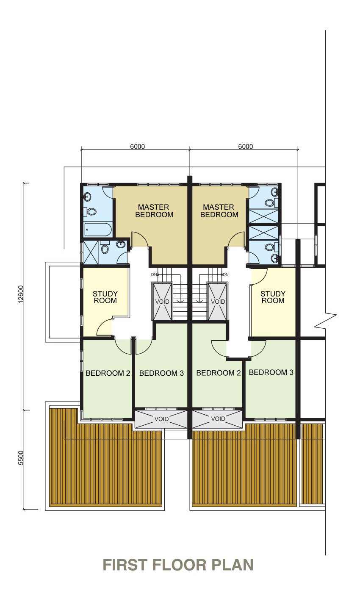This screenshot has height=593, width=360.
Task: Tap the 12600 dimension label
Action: pos(21,294)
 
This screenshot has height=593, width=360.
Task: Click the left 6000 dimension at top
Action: pos(137,147)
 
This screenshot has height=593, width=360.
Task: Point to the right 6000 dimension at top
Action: pos(245,147)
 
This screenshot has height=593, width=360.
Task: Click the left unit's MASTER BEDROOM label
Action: pos(154,211)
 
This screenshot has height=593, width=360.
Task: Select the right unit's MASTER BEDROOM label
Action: pos(219,211)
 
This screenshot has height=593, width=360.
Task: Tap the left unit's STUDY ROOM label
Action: pos(105,297)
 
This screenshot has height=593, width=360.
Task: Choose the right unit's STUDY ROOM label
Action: pos(273,297)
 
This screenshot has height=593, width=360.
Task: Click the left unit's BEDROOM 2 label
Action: pos(108,373)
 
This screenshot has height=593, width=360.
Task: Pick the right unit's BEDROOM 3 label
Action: pos(271,372)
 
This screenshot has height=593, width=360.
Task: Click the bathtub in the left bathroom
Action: pos(98,230)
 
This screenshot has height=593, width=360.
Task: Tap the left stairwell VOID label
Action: pos(162,302)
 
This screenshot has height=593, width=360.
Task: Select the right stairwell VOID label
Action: pos(218,302)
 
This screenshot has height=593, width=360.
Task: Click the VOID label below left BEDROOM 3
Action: pos(161,419)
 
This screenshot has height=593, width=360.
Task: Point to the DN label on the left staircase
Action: pos(154,275)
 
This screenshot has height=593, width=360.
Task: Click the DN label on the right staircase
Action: pos(225,275)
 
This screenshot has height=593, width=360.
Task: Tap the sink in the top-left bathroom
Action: pos(87,197)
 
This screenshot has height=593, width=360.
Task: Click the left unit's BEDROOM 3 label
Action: pos(161,373)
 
